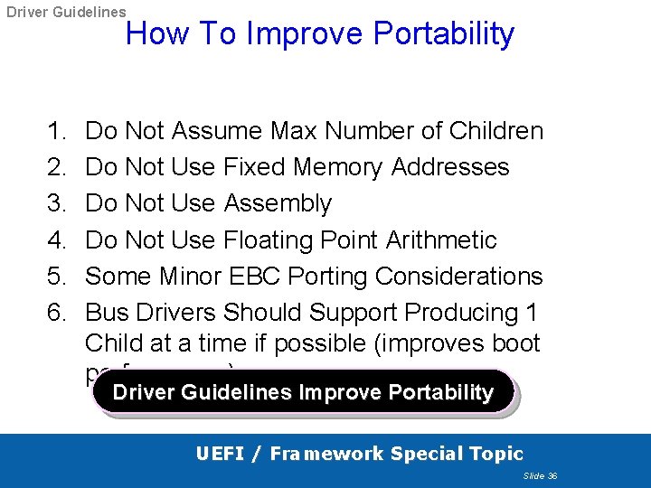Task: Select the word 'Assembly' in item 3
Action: [278, 203]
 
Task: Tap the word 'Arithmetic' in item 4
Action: [441, 240]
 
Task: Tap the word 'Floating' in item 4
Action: [269, 240]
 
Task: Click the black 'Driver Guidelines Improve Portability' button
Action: [303, 393]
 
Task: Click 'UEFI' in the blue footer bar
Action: [222, 454]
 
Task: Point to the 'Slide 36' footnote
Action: [540, 475]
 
